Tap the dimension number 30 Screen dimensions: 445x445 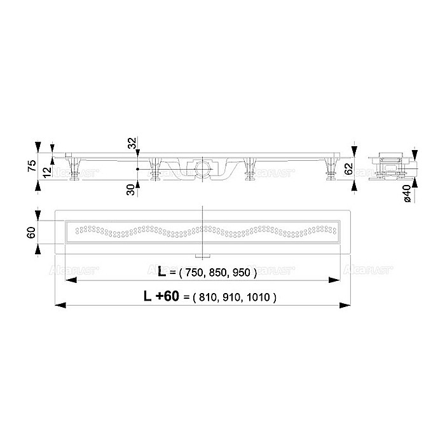[132, 189]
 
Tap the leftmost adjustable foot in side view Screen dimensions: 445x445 [77, 170]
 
